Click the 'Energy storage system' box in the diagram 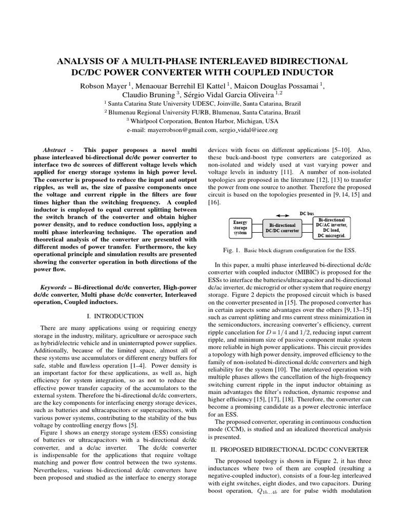[x=240, y=227]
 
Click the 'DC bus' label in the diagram [x=307, y=213]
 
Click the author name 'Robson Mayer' [x=102, y=85]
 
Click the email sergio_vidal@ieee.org [x=248, y=130]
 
